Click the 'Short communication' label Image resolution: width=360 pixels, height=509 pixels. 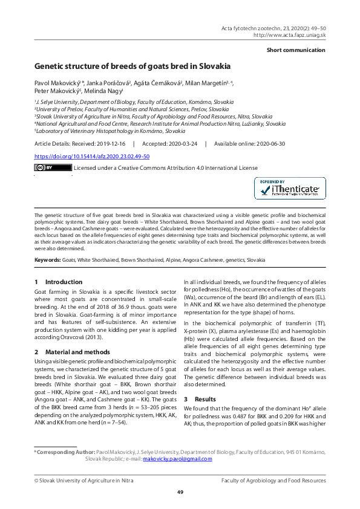[296, 50]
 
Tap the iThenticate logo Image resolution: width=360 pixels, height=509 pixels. [289, 189]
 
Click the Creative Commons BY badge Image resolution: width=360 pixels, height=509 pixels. [44, 167]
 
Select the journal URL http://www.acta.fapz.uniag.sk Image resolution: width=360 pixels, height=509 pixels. [289, 35]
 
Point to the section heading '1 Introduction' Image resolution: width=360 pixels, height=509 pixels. [58, 282]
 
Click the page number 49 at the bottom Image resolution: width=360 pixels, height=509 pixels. [180, 492]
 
